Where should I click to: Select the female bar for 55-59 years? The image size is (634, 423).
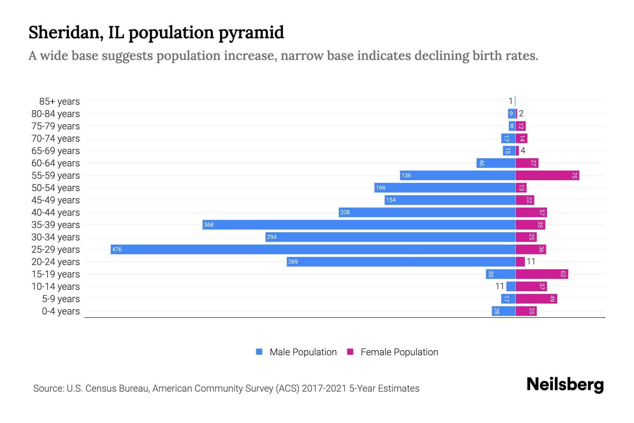pyautogui.click(x=547, y=175)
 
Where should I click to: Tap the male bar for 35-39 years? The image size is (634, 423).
pyautogui.click(x=359, y=225)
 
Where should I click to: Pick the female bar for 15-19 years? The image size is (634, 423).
pyautogui.click(x=542, y=274)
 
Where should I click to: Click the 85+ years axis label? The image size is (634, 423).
pyautogui.click(x=60, y=102)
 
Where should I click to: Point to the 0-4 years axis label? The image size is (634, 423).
pyautogui.click(x=61, y=311)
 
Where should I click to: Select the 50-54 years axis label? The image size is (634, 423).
pyautogui.click(x=56, y=188)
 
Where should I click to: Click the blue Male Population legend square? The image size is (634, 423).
pyautogui.click(x=259, y=352)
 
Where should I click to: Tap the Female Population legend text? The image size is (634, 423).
pyautogui.click(x=399, y=352)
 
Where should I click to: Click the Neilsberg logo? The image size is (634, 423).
pyautogui.click(x=565, y=385)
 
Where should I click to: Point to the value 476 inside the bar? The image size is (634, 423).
pyautogui.click(x=117, y=250)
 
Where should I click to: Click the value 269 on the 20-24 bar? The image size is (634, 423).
pyautogui.click(x=293, y=262)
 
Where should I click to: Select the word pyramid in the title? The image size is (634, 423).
pyautogui.click(x=251, y=32)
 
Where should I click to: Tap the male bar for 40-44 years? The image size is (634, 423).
pyautogui.click(x=427, y=212)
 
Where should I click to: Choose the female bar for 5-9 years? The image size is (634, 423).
pyautogui.click(x=536, y=299)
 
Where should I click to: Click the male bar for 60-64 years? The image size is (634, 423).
pyautogui.click(x=496, y=163)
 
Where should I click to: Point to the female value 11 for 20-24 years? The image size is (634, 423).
pyautogui.click(x=531, y=262)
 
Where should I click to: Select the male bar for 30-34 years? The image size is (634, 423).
pyautogui.click(x=390, y=237)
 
